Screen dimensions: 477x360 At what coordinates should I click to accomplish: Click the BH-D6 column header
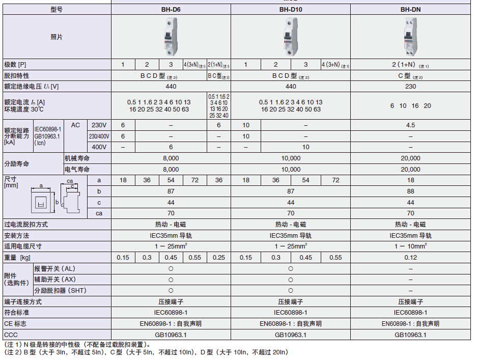click(x=171, y=9)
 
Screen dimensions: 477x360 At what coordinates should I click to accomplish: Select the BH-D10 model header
click(x=290, y=9)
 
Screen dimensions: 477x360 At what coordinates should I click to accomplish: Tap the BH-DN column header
click(x=410, y=9)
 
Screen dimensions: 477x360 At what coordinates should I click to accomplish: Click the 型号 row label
click(x=57, y=9)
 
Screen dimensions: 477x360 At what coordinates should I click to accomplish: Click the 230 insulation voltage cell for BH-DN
click(x=410, y=86)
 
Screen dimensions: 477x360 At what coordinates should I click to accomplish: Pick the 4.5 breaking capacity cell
click(x=410, y=125)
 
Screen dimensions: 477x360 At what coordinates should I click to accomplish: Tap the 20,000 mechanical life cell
click(x=410, y=158)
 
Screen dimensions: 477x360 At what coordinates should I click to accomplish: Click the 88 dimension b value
click(x=410, y=191)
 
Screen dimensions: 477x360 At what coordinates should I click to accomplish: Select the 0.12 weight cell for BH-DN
click(x=410, y=257)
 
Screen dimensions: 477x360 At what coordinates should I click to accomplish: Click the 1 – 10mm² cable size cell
click(x=410, y=246)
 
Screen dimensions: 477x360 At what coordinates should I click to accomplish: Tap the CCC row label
click(x=11, y=335)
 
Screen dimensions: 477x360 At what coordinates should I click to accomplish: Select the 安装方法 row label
click(x=16, y=235)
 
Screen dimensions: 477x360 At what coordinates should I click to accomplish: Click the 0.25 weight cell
click(x=219, y=257)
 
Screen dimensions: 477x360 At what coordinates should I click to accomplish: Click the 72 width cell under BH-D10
click(x=335, y=180)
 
